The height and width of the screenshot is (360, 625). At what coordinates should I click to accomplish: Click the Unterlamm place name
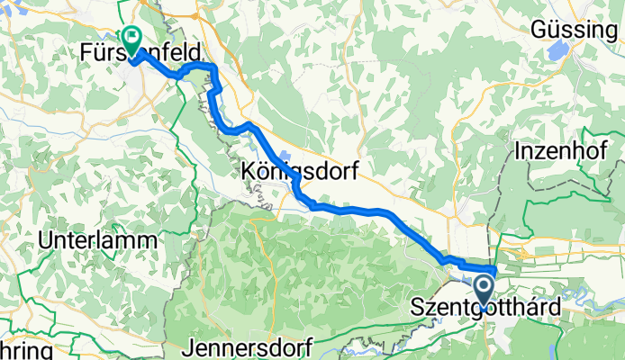pyautogui.click(x=98, y=241)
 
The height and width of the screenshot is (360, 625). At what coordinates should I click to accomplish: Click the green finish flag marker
pyautogui.click(x=132, y=39)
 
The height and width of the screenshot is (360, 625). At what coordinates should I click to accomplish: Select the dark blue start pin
pyautogui.click(x=484, y=292)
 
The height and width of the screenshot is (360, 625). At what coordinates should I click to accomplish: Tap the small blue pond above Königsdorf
pyautogui.click(x=286, y=155)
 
